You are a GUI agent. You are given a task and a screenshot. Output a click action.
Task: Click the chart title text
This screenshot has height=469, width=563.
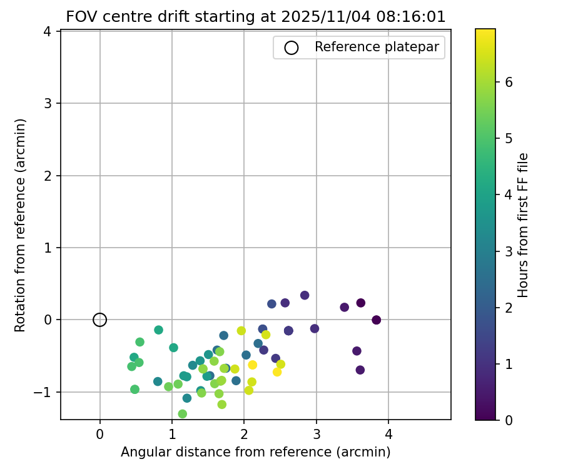point(256,17)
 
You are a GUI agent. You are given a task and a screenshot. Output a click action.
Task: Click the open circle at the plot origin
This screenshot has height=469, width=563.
point(99,320)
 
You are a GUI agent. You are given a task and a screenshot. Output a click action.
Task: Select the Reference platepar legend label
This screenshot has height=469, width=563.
point(377,47)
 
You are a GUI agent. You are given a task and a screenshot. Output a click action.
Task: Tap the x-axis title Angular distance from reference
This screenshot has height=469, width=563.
point(255,452)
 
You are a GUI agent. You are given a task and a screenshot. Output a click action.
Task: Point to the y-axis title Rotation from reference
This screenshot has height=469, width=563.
point(21,225)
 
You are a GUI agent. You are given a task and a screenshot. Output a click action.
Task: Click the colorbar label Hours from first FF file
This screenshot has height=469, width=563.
point(524,225)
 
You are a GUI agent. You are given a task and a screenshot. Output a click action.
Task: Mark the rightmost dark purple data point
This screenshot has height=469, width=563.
point(376,320)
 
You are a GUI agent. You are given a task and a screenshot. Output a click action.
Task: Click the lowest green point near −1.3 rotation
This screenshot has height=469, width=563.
point(183,414)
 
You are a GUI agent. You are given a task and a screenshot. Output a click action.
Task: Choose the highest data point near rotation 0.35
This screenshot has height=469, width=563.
point(305,295)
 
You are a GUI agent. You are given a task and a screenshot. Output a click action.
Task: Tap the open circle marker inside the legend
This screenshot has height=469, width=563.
point(291,48)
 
